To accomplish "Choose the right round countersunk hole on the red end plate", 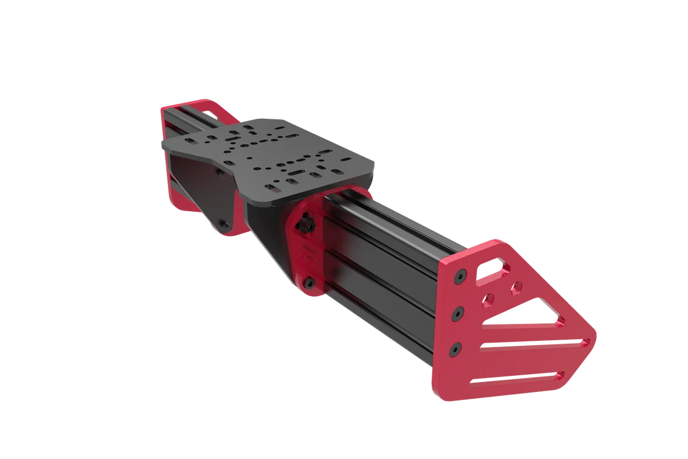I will pos(517,285).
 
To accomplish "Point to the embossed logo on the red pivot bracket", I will pos(306,252).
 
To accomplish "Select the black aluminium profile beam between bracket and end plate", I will pos(378,270).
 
